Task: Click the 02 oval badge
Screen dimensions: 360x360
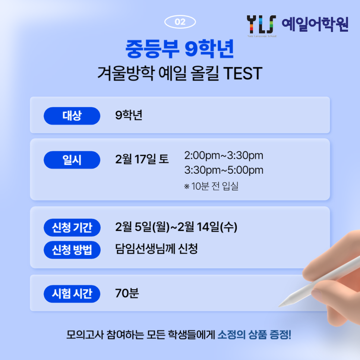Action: point(180,22)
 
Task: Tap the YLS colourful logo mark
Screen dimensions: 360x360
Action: point(262,25)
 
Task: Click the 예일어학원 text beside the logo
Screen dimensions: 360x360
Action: point(315,24)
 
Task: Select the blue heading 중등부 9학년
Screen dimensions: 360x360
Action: point(180,49)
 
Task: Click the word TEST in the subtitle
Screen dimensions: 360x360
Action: point(243,73)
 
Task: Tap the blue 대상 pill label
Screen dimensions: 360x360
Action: point(72,116)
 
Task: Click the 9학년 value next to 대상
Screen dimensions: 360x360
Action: point(129,115)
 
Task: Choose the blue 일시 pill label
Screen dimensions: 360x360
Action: point(72,160)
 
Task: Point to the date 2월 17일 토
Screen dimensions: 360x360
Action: point(142,159)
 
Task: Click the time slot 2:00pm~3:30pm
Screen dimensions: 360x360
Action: point(224,156)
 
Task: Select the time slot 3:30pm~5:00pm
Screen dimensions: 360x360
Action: point(224,170)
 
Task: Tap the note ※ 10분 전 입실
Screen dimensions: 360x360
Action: point(211,186)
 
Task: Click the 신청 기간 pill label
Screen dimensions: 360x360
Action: point(72,228)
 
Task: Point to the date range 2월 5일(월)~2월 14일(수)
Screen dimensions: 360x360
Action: point(176,227)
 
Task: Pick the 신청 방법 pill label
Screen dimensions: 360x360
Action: point(72,250)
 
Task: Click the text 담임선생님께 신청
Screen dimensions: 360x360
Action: point(157,249)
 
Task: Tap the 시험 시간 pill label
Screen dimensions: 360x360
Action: point(72,294)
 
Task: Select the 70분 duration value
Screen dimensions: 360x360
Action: point(127,293)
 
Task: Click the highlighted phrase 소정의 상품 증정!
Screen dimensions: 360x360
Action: point(254,335)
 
